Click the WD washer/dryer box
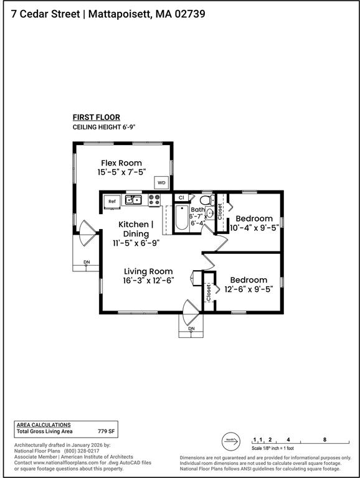point(161,183)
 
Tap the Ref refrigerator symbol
point(112,201)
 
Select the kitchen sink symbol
point(133,200)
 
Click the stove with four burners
point(154,200)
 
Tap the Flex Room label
point(121,163)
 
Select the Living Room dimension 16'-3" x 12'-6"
point(148,281)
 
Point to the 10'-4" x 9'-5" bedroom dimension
point(253,228)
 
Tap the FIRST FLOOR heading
point(96,117)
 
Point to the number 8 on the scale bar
point(325,439)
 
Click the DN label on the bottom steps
point(191,328)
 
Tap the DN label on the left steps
point(87,263)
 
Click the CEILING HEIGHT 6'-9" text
point(104,127)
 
